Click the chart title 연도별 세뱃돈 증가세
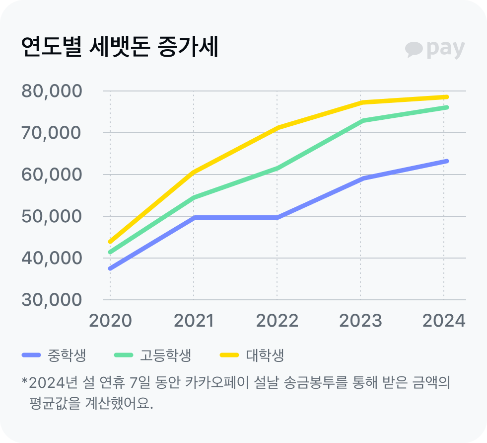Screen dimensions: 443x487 120,48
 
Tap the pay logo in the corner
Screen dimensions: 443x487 435,49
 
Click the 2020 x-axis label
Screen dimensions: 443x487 110,321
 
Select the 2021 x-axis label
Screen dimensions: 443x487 194,321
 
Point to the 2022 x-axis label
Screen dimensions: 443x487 277,321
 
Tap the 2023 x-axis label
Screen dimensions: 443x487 360,321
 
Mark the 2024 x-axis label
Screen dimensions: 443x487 443,321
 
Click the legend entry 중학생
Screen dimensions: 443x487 67,355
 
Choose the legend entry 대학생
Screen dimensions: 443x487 265,355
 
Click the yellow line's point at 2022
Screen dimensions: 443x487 277,128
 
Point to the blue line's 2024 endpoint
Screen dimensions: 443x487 446,161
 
